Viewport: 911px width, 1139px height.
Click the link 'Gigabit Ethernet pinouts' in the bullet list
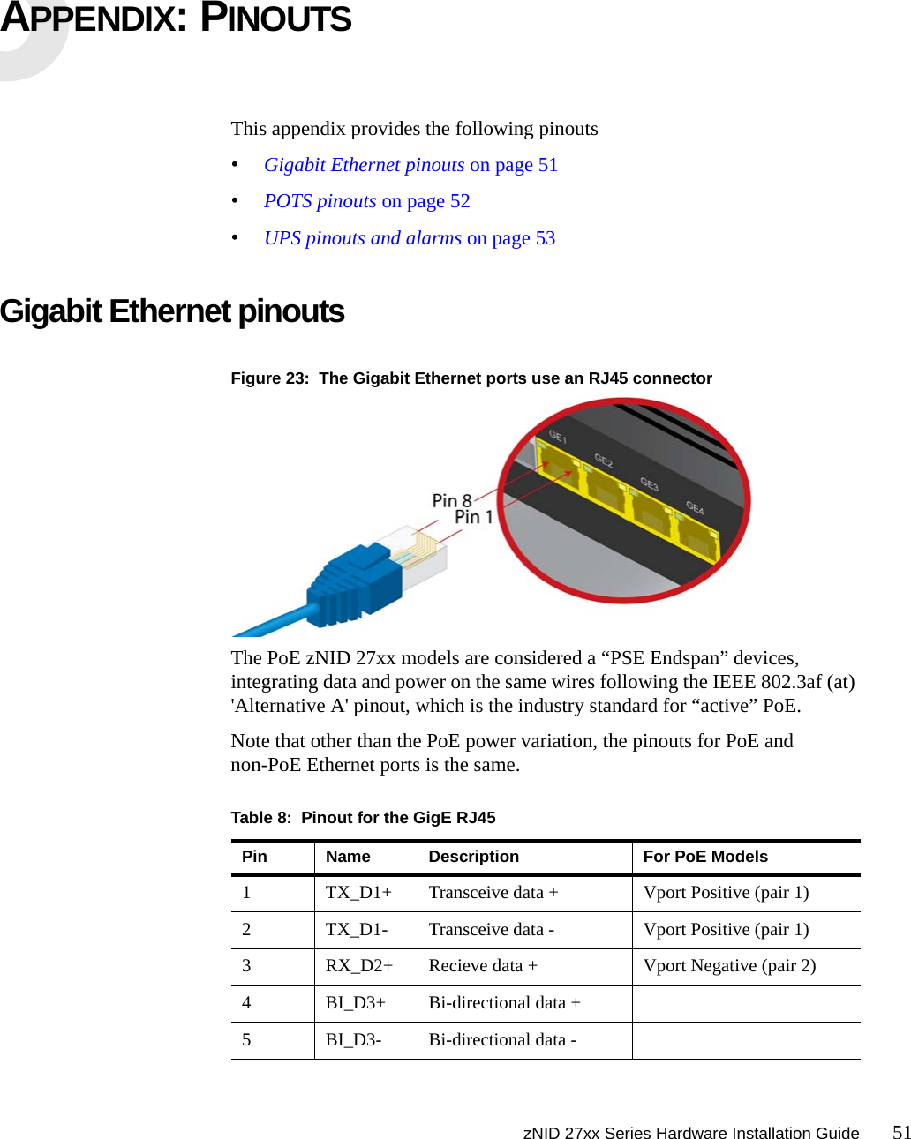point(364,165)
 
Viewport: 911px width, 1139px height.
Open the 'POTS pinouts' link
point(320,201)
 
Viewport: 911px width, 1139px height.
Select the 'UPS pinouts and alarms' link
point(362,238)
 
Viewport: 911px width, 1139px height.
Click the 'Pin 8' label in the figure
point(451,501)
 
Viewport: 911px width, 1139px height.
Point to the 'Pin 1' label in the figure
point(473,517)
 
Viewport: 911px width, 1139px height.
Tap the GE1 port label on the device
point(558,436)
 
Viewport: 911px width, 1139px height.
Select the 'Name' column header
point(348,857)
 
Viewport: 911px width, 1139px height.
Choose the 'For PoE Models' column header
point(705,857)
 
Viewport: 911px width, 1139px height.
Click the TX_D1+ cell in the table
point(358,893)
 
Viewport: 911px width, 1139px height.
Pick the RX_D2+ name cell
point(359,966)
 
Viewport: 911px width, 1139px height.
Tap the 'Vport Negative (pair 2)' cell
point(729,966)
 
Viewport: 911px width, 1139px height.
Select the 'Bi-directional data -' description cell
point(502,1040)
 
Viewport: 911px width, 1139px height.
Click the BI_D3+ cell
point(355,1003)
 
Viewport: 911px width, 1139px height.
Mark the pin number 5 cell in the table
point(246,1040)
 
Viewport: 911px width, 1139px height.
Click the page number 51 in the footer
point(900,1132)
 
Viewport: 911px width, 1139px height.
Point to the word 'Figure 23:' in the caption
point(269,378)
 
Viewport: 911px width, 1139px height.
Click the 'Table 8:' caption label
point(260,818)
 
